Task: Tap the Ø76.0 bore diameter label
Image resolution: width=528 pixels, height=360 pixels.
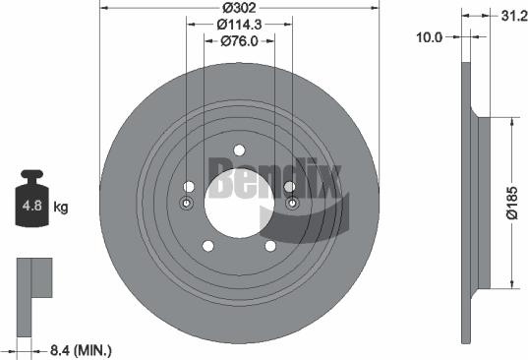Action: tap(240, 41)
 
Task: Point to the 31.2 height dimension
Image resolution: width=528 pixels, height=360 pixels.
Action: tap(509, 15)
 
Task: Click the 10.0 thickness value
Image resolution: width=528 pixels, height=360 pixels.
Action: tap(431, 36)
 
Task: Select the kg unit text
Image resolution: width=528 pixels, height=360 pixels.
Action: tap(61, 209)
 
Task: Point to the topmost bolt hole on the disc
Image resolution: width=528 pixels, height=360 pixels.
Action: tap(239, 150)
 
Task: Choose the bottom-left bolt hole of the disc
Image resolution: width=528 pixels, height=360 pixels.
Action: tap(207, 246)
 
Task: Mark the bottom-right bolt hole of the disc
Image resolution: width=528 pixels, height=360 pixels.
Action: tap(271, 246)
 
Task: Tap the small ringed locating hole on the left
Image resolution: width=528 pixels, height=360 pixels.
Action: tap(187, 204)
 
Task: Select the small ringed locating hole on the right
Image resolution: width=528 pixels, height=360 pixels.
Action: tap(293, 204)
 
